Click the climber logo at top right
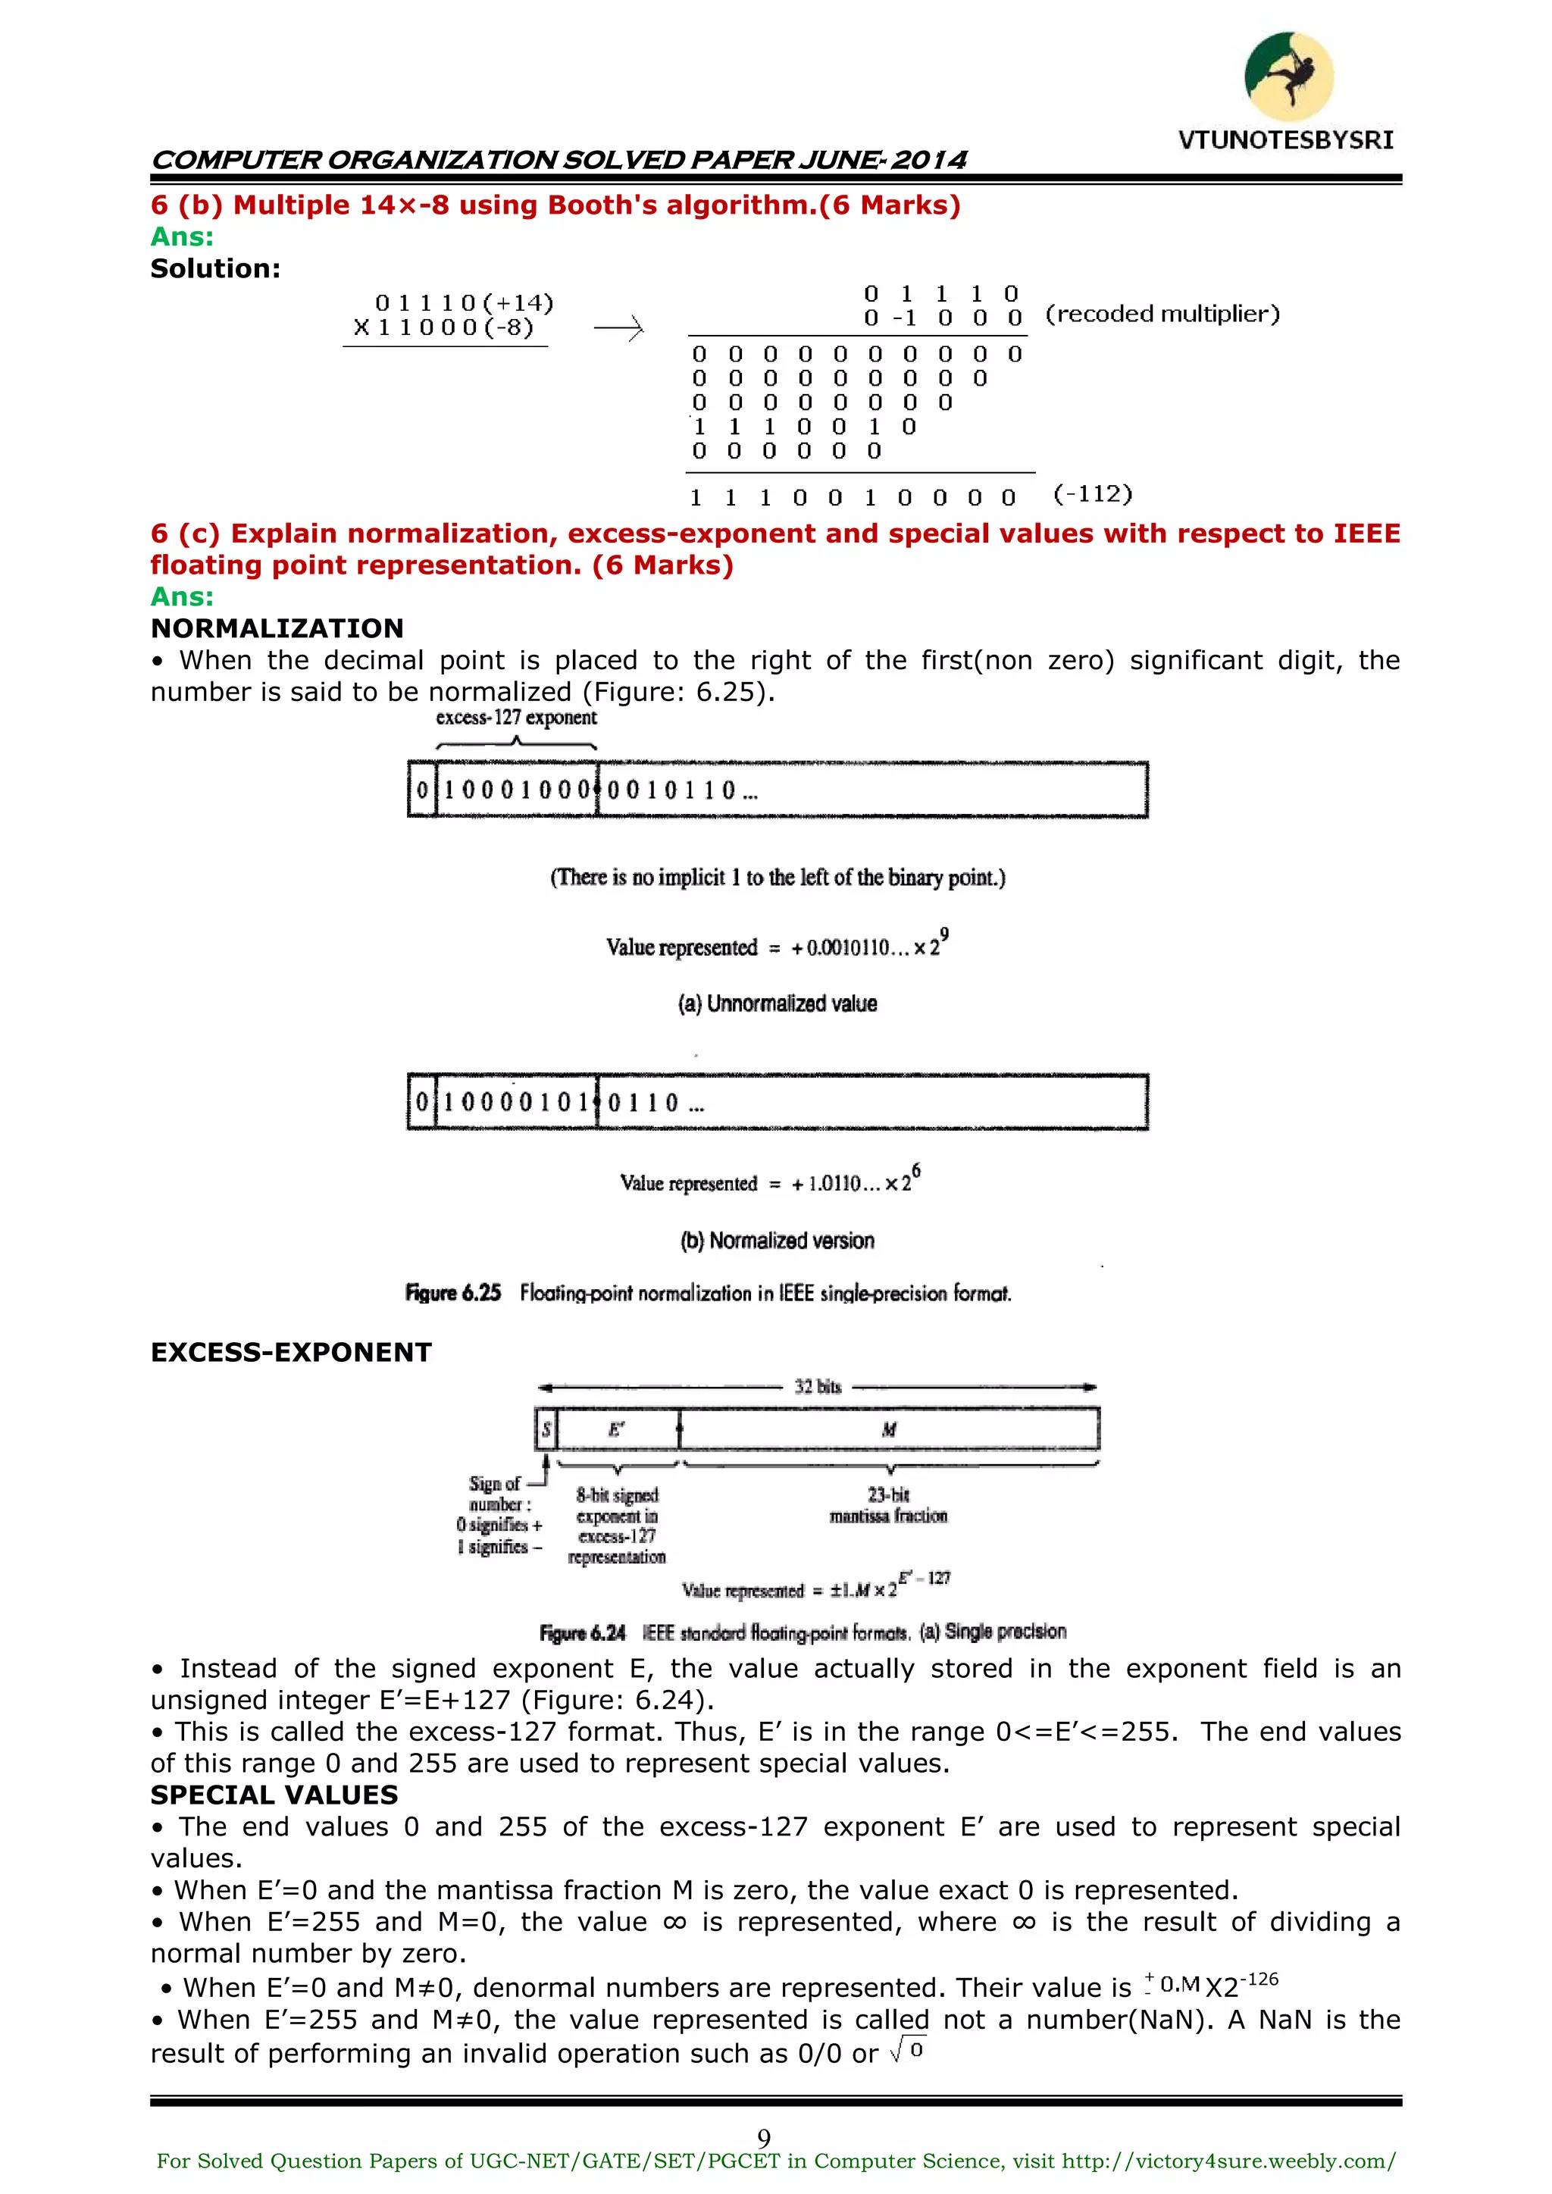click(1288, 77)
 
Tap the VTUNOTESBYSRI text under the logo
click(1285, 140)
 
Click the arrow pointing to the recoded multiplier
click(618, 329)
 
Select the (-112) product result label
click(1092, 494)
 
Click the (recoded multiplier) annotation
click(1162, 314)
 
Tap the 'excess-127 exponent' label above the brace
click(516, 718)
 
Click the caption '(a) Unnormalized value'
click(777, 1003)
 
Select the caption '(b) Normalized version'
click(777, 1241)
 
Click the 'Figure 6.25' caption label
click(453, 1293)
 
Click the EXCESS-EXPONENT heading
click(290, 1352)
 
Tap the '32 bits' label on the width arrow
click(817, 1387)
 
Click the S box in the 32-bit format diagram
click(546, 1429)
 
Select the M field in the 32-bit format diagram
click(889, 1429)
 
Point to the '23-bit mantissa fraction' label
click(888, 1505)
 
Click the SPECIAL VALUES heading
click(274, 1795)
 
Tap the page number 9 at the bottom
click(764, 2138)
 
